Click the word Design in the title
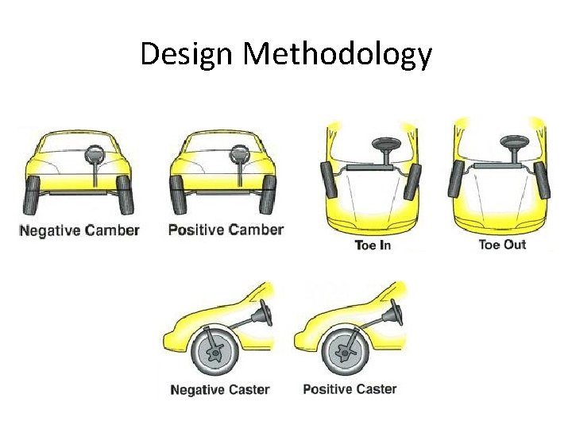[187, 54]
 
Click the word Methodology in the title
[338, 56]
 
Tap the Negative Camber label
[79, 231]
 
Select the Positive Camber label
[226, 230]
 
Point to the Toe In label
[373, 245]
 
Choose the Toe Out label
[502, 244]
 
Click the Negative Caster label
[220, 389]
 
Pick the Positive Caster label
[350, 388]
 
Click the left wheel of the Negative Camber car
[32, 196]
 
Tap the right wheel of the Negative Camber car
[125, 196]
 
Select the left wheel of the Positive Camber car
[176, 195]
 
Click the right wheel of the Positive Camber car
[268, 195]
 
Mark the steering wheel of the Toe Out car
[510, 143]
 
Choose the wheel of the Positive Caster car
[346, 351]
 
